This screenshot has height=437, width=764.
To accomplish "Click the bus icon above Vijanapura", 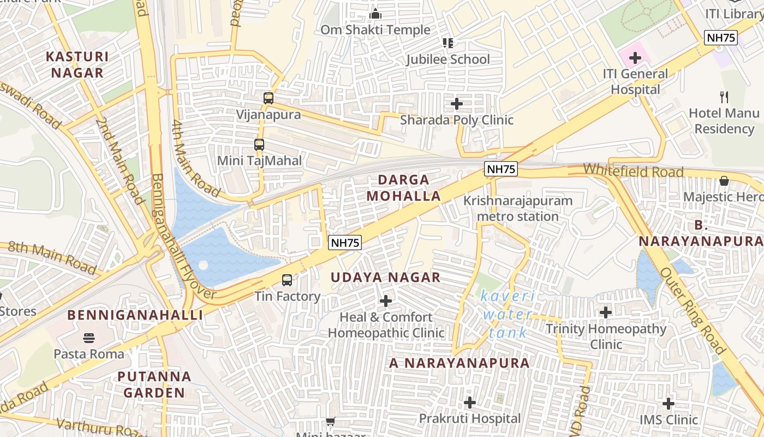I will tap(268, 98).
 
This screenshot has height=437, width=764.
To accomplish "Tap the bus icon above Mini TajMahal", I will tap(259, 145).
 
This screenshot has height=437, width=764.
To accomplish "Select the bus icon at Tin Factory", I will tap(287, 280).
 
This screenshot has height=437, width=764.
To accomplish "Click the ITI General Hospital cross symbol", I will tap(635, 57).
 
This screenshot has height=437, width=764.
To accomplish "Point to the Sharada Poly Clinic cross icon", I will tap(457, 103).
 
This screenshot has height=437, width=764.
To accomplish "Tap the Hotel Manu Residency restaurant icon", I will tap(724, 97).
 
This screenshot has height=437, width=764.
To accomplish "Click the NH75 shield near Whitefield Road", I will tap(500, 169).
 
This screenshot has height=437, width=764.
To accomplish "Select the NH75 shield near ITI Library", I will tap(720, 38).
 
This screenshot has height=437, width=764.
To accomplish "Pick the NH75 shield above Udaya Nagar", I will tap(345, 243).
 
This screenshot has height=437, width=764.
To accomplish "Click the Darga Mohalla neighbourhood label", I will tap(403, 187).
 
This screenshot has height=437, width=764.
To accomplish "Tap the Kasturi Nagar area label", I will tap(77, 64).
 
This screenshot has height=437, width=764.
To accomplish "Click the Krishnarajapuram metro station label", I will tap(518, 208).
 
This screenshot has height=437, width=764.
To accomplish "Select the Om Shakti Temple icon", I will tap(375, 14).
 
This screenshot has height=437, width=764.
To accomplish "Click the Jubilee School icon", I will tap(448, 43).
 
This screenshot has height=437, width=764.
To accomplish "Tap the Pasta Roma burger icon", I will tap(89, 338).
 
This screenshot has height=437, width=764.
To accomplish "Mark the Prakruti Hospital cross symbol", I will tap(470, 403).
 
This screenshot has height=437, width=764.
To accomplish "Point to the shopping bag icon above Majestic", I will tap(724, 181).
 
